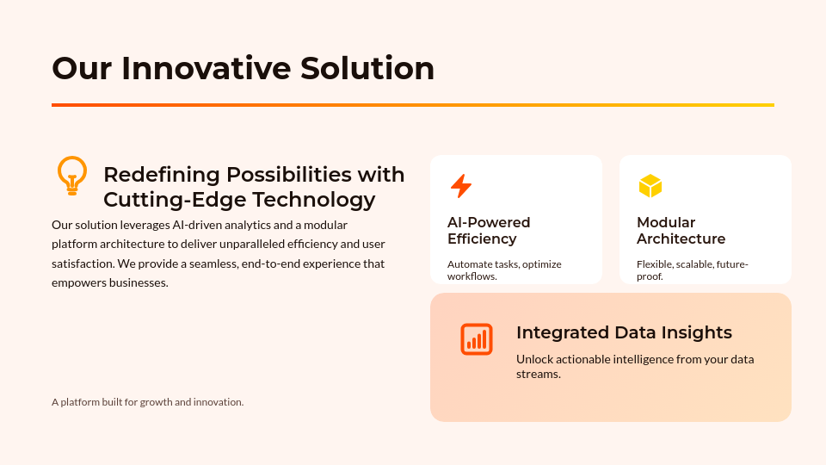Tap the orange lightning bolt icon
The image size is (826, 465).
[x=461, y=186]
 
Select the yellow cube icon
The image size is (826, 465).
[x=650, y=186]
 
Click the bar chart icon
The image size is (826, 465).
[x=476, y=339]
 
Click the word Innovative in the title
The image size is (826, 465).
[x=206, y=68]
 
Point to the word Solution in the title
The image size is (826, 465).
[x=367, y=68]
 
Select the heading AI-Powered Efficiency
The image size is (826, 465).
[x=489, y=231]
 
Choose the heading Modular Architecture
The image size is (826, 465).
[x=681, y=231]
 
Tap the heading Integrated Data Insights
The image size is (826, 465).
[x=624, y=332]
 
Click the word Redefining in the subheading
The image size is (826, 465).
[x=161, y=175]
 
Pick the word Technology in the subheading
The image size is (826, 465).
[x=313, y=200]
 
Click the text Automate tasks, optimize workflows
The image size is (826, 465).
[x=504, y=270]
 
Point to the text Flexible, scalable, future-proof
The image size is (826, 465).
[x=692, y=270]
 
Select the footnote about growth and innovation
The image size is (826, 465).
[x=147, y=402]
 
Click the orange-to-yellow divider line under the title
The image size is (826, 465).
[x=413, y=105]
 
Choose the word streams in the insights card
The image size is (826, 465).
[x=539, y=375]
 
